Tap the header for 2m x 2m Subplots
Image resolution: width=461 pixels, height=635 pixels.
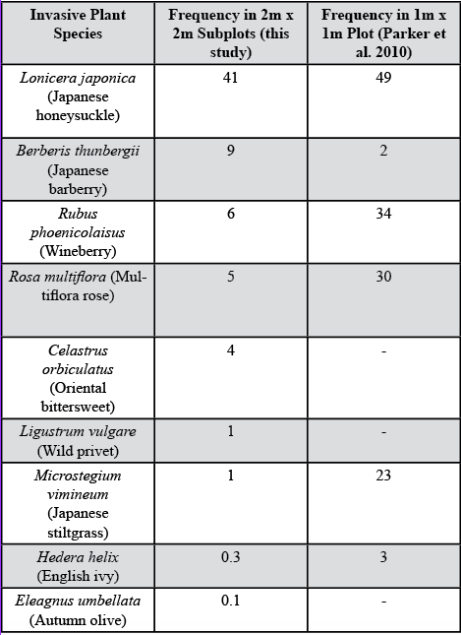coord(231,33)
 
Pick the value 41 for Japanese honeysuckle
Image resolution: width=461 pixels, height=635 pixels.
coord(231,77)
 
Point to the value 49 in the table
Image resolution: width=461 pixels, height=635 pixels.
coord(382,77)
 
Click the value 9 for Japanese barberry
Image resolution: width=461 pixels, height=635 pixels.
coord(231,151)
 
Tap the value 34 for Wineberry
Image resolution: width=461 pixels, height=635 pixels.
coord(382,214)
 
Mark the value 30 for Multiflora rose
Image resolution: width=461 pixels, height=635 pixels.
coord(382,277)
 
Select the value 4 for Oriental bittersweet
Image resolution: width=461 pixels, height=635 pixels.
coord(231,350)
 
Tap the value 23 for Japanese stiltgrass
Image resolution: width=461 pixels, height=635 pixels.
coord(382,476)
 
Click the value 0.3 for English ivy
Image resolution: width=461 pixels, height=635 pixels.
coord(231,556)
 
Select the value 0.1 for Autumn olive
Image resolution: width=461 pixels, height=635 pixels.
coord(231,601)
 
